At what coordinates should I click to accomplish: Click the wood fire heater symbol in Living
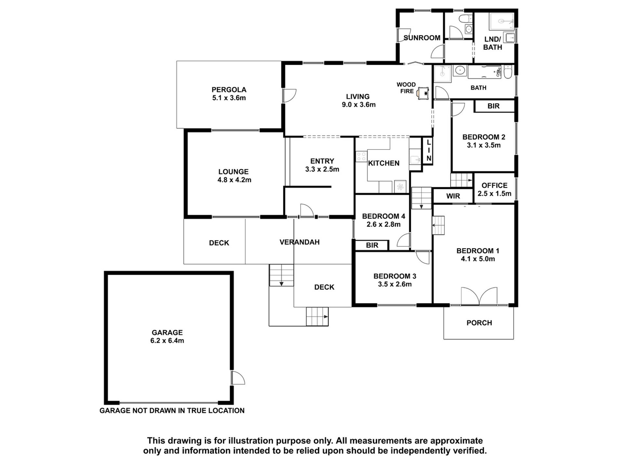[x=423, y=93]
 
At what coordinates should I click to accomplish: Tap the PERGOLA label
[x=229, y=90]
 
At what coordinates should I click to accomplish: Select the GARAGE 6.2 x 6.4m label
[x=168, y=336]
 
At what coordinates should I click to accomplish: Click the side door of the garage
[x=238, y=377]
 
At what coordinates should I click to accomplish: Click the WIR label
[x=453, y=196]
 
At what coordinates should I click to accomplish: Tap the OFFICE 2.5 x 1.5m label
[x=494, y=190]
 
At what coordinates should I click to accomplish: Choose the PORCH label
[x=479, y=323]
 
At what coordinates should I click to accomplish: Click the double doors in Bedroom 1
[x=479, y=296]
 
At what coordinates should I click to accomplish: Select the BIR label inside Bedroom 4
[x=372, y=245]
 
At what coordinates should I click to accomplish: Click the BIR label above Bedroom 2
[x=493, y=106]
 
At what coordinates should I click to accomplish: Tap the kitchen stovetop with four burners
[x=361, y=156]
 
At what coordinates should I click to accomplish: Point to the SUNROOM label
[x=422, y=38]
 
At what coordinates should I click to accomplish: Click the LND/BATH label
[x=492, y=43]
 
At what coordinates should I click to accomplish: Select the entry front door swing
[x=307, y=210]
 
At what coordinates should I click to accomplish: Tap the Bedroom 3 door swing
[x=423, y=258]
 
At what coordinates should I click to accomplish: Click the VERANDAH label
[x=300, y=242]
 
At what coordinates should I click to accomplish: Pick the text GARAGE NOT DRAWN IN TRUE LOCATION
[x=172, y=411]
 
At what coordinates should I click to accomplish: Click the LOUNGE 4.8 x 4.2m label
[x=234, y=176]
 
